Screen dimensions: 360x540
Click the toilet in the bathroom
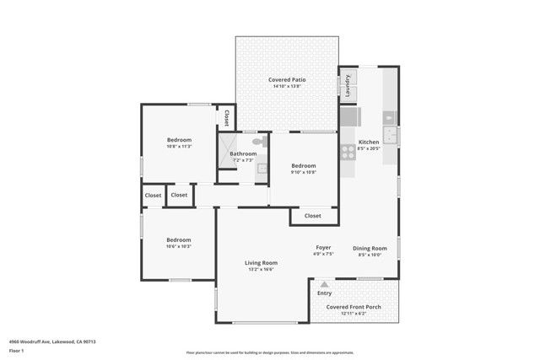coord(257,142)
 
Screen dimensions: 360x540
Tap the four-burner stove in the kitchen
coord(347,153)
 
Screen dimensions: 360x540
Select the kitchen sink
coord(390,136)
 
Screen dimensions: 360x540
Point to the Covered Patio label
coord(287,79)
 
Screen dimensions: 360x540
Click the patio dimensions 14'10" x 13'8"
coord(287,86)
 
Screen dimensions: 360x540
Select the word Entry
coord(324,293)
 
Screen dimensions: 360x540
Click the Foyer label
coord(323,247)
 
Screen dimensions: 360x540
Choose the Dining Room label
coord(369,247)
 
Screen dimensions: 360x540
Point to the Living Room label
coord(261,262)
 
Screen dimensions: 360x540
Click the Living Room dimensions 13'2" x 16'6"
coord(261,269)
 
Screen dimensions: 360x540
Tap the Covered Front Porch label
coord(354,307)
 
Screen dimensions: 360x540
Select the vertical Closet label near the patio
coord(226,117)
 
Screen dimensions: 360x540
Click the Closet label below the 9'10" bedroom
coord(312,216)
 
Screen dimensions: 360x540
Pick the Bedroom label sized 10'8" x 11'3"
coord(179,139)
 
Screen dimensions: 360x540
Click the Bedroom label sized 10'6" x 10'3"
coord(178,239)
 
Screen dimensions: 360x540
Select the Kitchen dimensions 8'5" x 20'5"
coord(369,148)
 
